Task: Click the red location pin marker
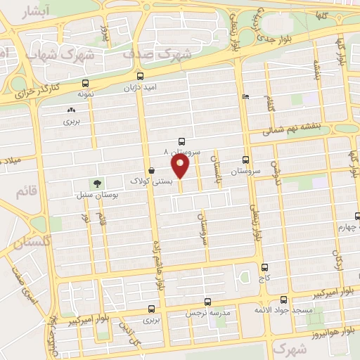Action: coord(181,166)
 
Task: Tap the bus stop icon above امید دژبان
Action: coord(141,76)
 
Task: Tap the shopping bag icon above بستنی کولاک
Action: coord(152,170)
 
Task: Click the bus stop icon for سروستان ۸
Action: coord(183,141)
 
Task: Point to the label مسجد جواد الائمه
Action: coord(284,311)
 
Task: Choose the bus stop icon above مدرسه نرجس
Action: coord(207,302)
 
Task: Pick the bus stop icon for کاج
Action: coord(264,267)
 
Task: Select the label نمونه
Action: coord(85,94)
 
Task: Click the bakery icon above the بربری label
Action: coord(70,110)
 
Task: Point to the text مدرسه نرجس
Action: coord(205,313)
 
